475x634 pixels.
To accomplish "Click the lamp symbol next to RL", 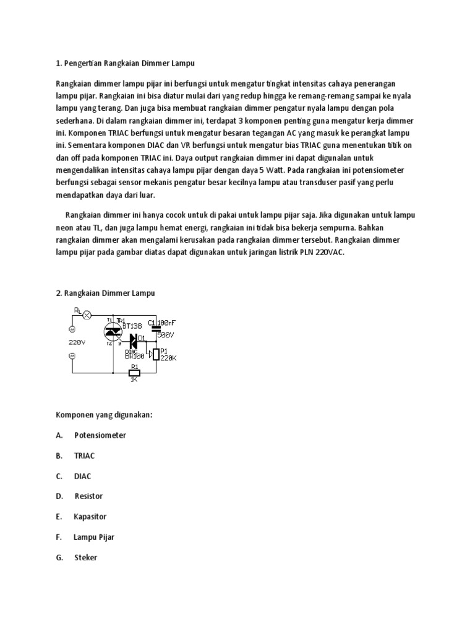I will pos(87,315).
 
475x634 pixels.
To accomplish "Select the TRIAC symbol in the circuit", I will pos(113,331).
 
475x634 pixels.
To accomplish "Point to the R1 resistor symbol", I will pos(134,373).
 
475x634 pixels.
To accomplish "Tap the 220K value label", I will pos(169,358).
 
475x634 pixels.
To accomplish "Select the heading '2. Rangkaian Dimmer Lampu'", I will pos(105,293).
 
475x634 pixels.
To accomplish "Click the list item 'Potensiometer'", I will pos(100,435).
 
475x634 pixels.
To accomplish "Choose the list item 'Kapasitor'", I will pos(90,516).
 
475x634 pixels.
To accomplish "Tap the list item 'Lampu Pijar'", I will pos(94,537).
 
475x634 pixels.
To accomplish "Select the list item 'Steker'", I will pos(86,557).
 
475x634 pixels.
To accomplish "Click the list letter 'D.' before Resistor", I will pos(59,496).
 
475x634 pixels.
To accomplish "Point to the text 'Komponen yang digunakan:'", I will pos(104,415).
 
